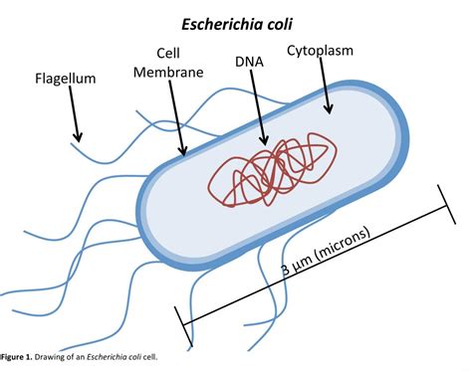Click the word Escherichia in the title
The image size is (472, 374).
coord(220,25)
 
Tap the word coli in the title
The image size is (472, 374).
coord(278,25)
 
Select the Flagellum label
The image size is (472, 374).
coord(66,79)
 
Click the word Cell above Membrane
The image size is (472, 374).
coord(168,53)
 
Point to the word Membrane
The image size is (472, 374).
coord(168,72)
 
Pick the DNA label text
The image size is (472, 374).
coord(249,62)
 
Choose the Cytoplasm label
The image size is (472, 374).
coord(320,51)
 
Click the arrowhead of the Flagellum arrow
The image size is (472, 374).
coord(78,138)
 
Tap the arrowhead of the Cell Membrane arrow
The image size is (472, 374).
coord(182,150)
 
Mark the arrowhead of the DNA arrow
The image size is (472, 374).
coord(264,141)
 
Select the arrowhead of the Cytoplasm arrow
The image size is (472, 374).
coord(329,109)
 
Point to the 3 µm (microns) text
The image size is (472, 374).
coord(326,252)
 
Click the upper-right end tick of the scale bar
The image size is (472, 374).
coord(447,205)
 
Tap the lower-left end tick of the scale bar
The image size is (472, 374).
coord(183,326)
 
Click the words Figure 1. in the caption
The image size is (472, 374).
coord(17,357)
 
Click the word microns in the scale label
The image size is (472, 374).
coord(345,242)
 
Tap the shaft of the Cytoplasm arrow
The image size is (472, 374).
coord(325,83)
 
